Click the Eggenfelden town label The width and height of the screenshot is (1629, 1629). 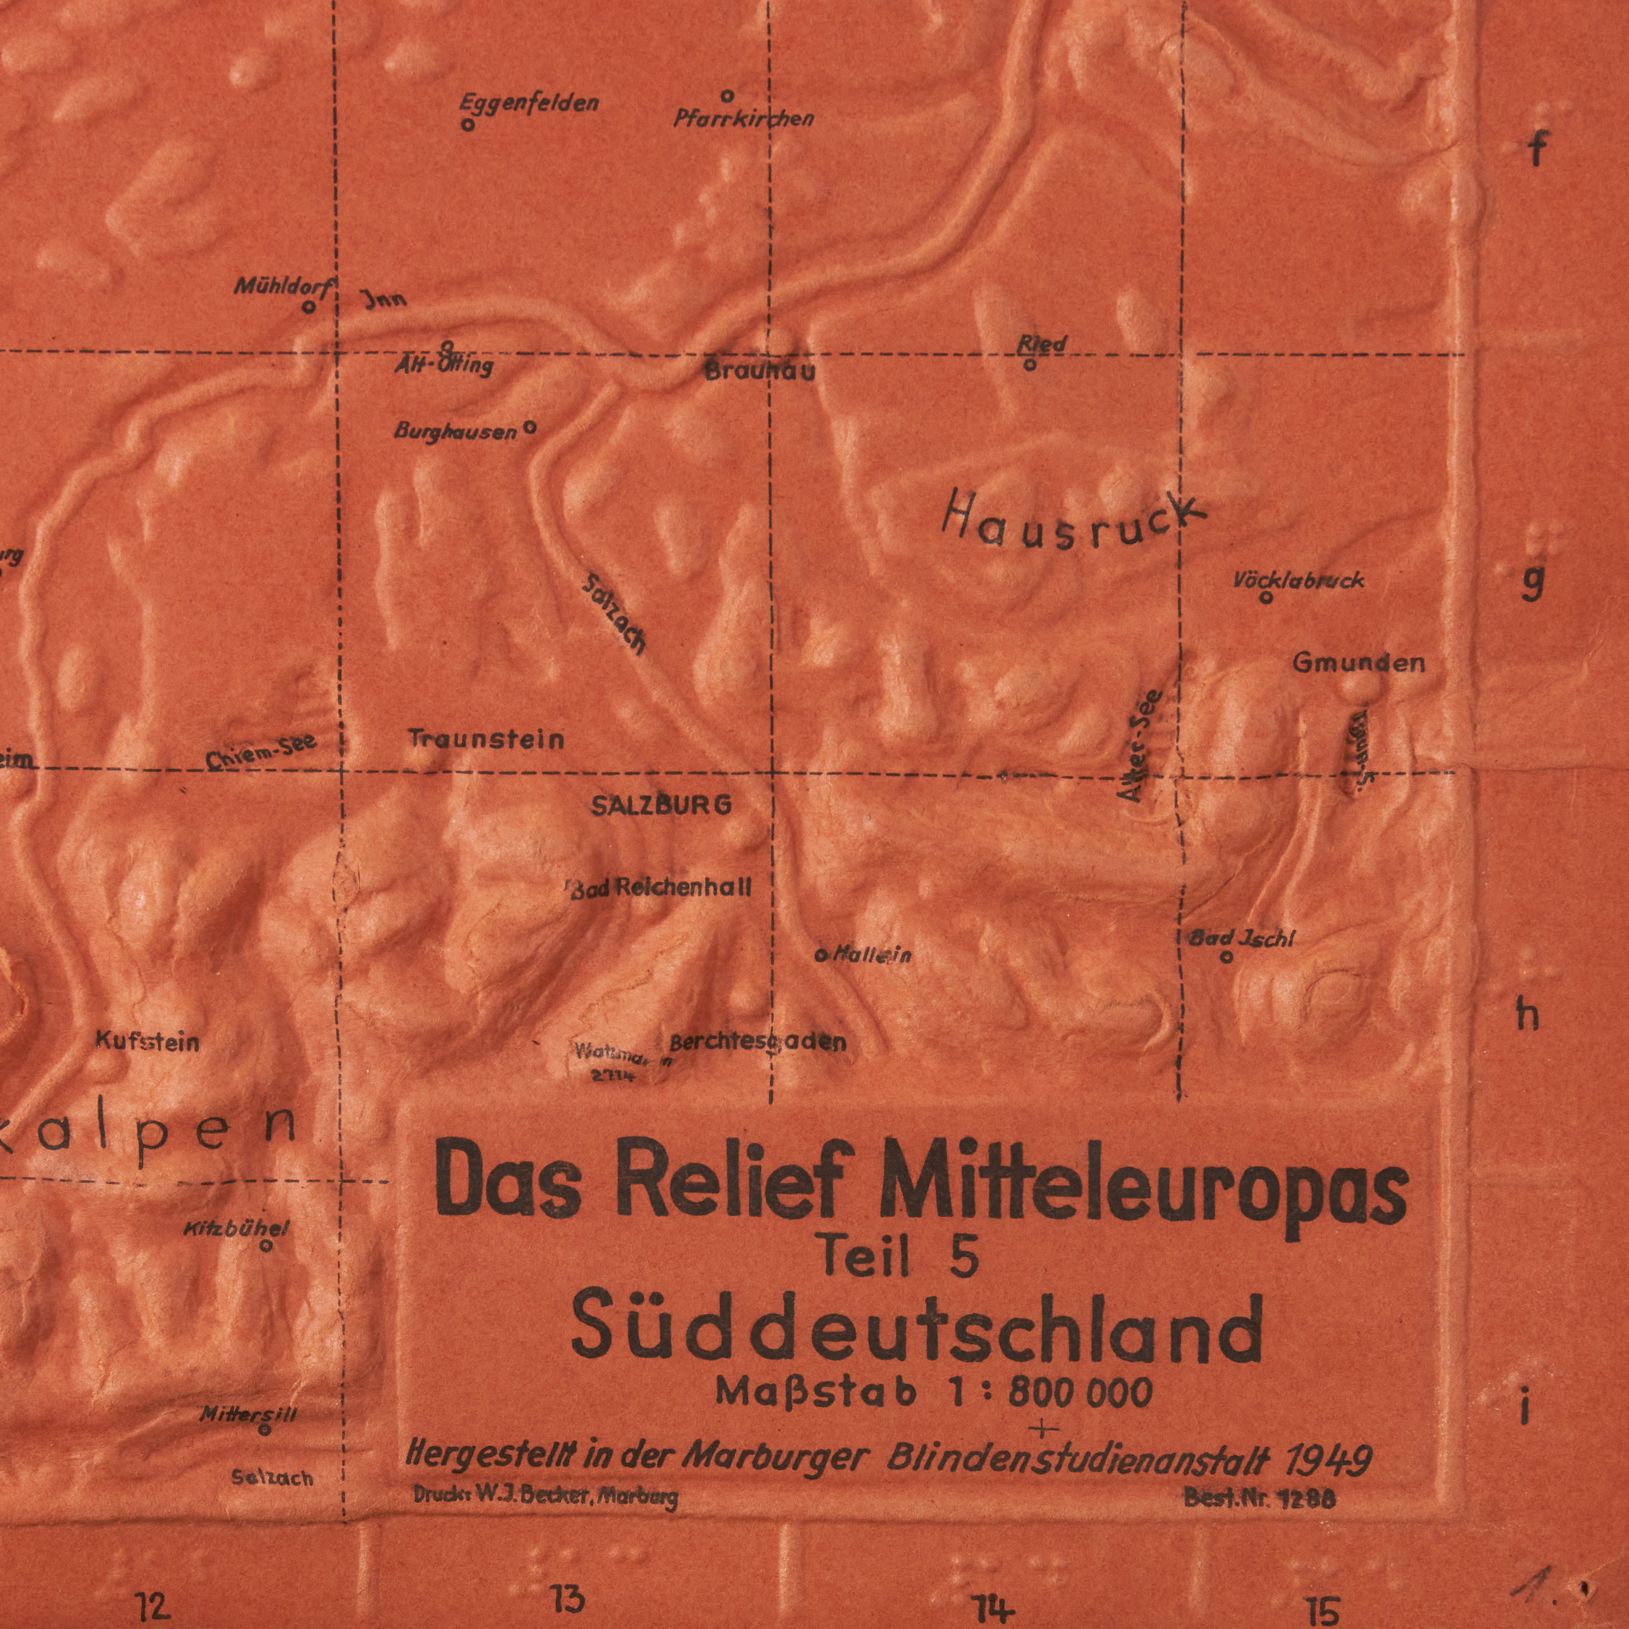529,105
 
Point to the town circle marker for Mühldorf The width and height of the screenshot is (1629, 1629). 309,307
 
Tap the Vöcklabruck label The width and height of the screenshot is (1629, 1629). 1298,580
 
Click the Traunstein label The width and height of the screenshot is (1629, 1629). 487,740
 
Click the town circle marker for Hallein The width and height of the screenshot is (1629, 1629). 820,955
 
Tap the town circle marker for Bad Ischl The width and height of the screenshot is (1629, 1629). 1227,957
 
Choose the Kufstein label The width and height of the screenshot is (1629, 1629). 147,1043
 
